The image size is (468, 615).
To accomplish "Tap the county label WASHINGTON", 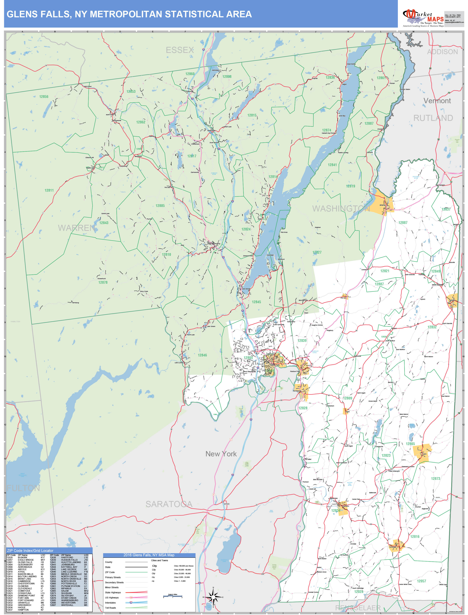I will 341,209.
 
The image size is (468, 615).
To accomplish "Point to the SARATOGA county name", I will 169,504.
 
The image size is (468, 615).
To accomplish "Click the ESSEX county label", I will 180,50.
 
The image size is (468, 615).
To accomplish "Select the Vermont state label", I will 437,101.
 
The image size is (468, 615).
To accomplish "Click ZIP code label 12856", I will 44,97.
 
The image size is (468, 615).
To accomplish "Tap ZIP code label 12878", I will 103,282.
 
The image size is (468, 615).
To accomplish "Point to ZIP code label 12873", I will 435,479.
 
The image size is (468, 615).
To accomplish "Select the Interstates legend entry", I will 111,602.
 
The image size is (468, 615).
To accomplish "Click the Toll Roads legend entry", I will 111,608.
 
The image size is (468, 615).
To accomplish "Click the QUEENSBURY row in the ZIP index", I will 25,564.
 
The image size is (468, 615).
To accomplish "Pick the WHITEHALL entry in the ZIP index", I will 67,605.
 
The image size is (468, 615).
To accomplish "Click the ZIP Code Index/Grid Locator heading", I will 30,551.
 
